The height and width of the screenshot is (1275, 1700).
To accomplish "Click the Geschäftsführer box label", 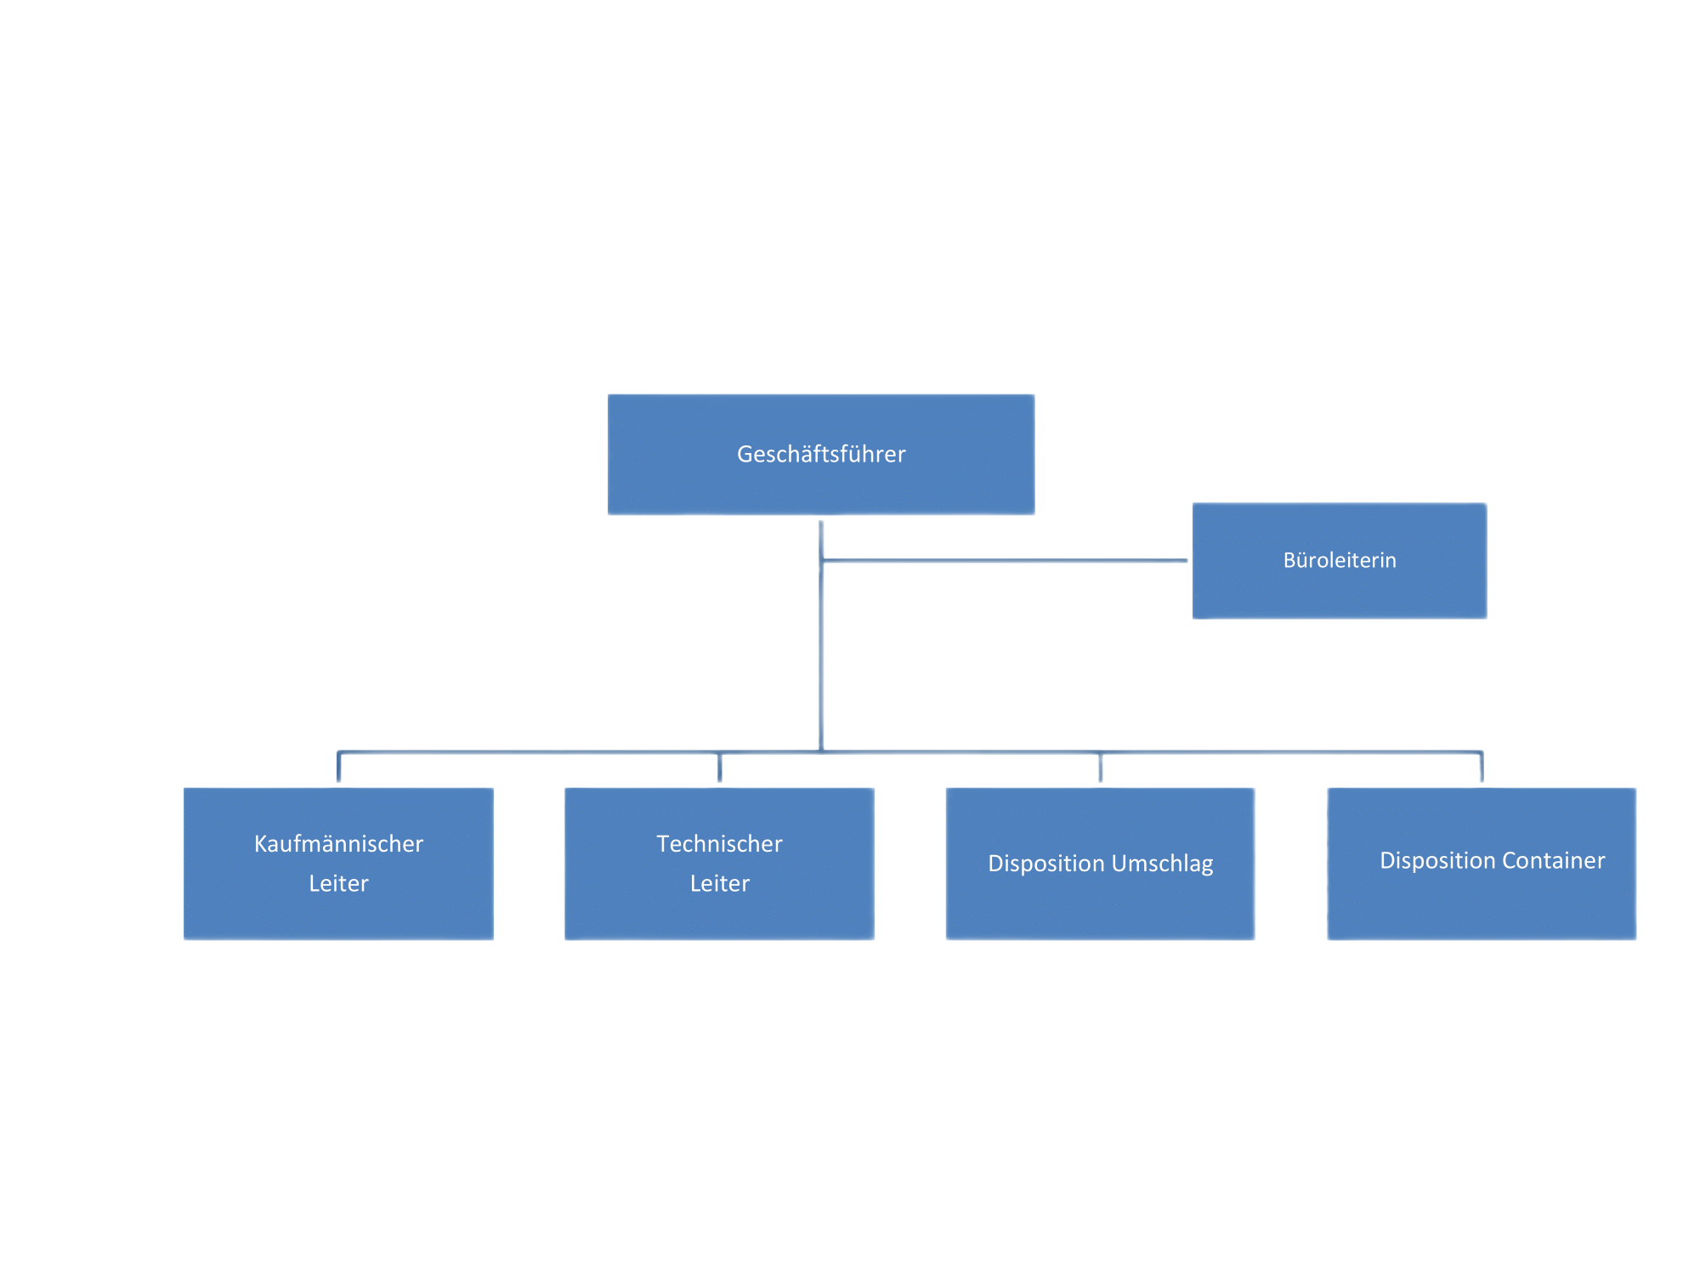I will click(821, 454).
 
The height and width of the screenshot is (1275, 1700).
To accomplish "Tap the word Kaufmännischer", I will click(338, 843).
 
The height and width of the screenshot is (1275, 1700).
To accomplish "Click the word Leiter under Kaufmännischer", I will click(338, 883).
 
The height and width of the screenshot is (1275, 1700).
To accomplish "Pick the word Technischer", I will click(719, 843).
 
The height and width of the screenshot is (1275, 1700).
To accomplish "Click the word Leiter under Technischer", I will click(719, 883).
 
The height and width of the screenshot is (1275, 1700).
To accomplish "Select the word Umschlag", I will click(1162, 864).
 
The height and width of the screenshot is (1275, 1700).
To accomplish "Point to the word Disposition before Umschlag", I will click(1045, 864).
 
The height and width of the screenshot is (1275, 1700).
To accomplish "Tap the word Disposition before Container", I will click(1437, 860).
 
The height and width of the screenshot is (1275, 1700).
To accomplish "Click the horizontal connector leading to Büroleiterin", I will click(1003, 561).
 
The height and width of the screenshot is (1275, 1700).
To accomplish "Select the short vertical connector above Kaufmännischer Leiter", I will click(339, 768).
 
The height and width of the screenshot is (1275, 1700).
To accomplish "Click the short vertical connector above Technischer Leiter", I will click(720, 768).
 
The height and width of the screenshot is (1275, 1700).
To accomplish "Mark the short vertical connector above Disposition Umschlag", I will click(1101, 768).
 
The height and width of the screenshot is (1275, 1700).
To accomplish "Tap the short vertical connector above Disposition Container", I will click(1482, 768).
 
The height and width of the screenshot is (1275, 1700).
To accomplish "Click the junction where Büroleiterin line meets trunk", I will click(822, 561).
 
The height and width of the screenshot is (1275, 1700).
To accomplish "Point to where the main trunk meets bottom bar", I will click(822, 751).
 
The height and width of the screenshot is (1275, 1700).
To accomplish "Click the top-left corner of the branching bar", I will click(339, 752).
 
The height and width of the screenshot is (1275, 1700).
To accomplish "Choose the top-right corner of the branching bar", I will click(1482, 752).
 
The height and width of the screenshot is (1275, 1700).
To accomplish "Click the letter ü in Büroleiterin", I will click(1301, 560).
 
